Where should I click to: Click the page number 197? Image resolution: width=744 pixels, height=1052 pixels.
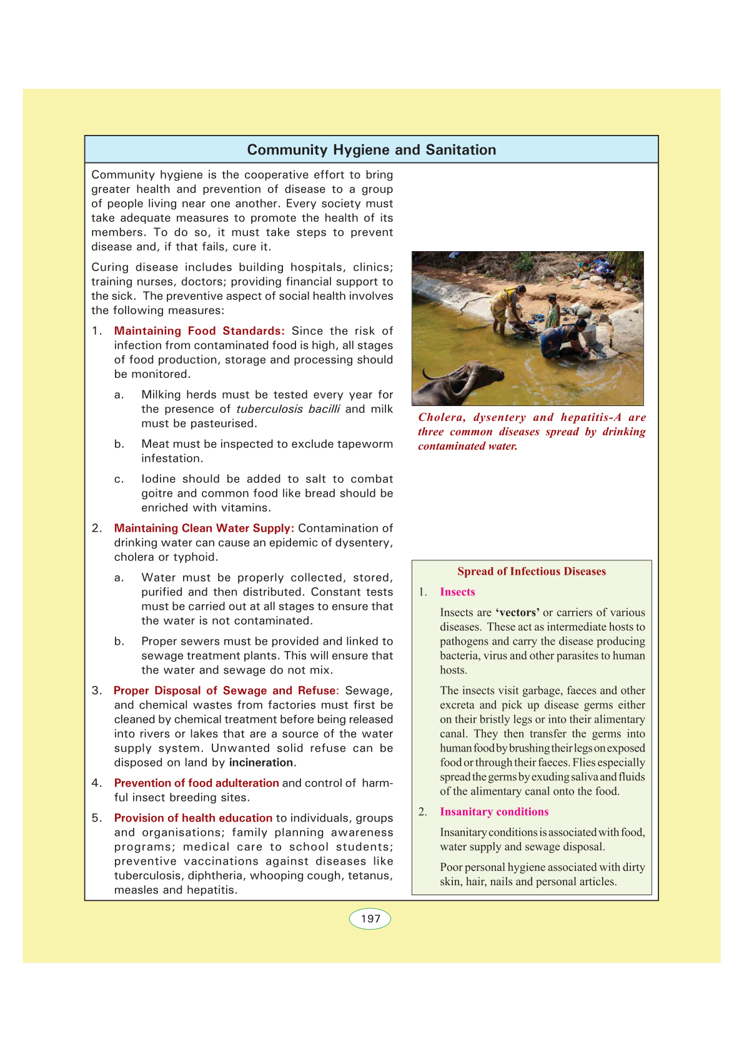[370, 919]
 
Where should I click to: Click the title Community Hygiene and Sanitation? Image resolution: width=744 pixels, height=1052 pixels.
[371, 150]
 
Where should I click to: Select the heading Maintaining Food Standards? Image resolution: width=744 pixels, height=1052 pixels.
[199, 331]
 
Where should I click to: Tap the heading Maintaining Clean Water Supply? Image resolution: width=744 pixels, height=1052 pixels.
[204, 528]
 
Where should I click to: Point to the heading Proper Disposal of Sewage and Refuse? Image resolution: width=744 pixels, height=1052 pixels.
[225, 691]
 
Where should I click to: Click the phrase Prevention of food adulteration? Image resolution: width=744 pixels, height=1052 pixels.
[196, 783]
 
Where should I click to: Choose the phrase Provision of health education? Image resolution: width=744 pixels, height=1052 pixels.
[193, 818]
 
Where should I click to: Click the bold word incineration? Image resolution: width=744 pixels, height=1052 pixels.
[261, 763]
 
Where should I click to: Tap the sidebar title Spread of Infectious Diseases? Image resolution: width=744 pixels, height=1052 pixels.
[532, 572]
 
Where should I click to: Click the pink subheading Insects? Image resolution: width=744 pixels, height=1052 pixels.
[457, 592]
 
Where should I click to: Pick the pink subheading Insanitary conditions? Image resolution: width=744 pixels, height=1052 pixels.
[494, 812]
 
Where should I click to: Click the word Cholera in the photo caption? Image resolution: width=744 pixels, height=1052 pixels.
[442, 417]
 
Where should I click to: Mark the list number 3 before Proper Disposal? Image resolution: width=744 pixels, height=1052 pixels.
[96, 691]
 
